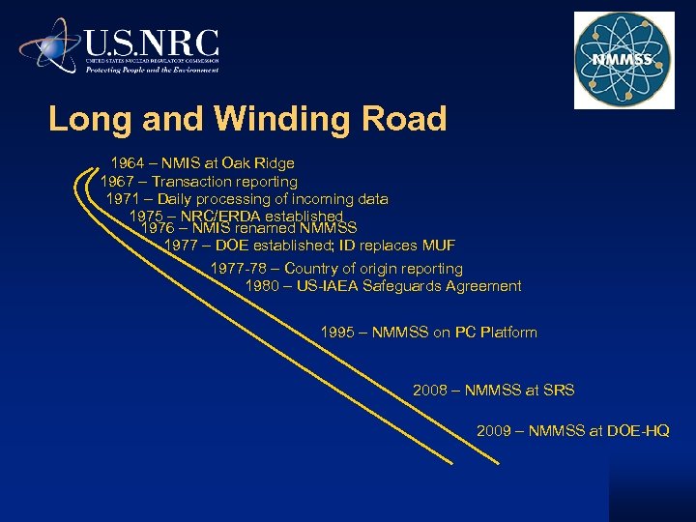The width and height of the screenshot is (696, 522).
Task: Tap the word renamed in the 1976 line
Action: tap(266, 228)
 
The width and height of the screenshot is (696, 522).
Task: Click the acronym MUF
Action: tap(436, 246)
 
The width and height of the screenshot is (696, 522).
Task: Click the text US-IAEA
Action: tap(332, 286)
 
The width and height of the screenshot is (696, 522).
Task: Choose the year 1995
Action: tap(338, 333)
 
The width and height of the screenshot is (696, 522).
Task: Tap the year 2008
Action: tap(430, 391)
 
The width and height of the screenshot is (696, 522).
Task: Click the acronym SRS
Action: tap(559, 391)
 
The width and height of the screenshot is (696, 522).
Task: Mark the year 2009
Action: tap(494, 431)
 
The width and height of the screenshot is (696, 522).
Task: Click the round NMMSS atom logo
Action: tap(623, 61)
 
